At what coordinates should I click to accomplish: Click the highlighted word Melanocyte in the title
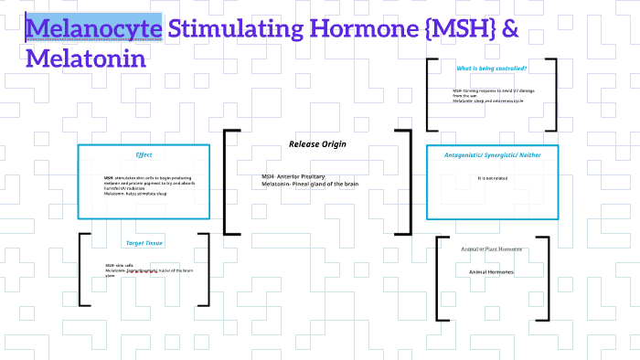point(95,29)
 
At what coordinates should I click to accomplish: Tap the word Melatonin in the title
point(87,61)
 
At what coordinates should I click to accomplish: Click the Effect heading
point(144,154)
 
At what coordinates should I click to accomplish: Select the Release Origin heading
point(317,144)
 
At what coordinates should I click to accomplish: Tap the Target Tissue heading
point(144,243)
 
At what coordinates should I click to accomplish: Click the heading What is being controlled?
point(492,69)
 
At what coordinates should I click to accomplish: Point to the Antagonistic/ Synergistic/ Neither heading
point(493,154)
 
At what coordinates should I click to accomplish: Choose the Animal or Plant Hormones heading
point(491,249)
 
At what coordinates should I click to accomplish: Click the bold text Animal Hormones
point(491,272)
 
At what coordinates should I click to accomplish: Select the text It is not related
point(492,178)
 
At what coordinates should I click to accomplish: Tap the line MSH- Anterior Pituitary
point(293,176)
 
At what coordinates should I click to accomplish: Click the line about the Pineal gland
point(309,184)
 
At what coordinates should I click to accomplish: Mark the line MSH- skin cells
point(119,265)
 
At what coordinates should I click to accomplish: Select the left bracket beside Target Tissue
point(84,270)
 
